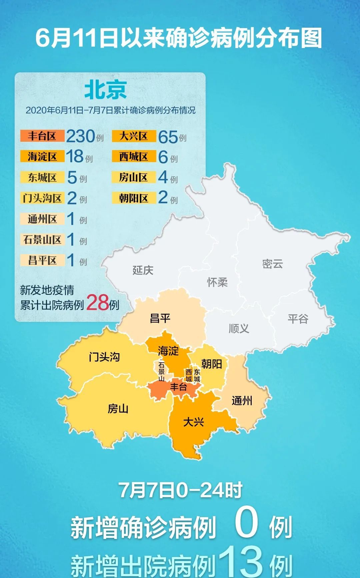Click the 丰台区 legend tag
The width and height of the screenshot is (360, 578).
[x=42, y=136]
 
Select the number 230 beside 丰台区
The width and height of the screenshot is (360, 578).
[x=80, y=136]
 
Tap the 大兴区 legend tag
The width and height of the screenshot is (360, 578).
[x=134, y=136]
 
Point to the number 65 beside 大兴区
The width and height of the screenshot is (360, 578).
[x=168, y=137]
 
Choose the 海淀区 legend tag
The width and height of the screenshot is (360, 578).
[x=42, y=156]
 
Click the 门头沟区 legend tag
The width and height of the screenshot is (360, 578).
[x=42, y=198]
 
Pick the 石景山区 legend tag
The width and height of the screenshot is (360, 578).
[x=42, y=239]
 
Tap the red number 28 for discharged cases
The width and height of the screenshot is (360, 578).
[x=97, y=303]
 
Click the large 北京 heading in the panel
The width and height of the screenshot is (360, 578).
[x=105, y=90]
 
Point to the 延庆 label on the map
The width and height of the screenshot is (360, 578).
[x=143, y=270]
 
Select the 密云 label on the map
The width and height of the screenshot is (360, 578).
[x=272, y=264]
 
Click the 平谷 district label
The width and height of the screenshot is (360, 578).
[x=298, y=319]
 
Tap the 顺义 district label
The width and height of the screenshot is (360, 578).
[x=239, y=329]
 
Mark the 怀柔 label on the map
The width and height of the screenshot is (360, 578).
[x=217, y=282]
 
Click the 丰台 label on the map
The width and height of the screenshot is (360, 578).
[x=178, y=387]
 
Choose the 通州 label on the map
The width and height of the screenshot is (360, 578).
[x=242, y=401]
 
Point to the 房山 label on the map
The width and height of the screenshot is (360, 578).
[x=118, y=409]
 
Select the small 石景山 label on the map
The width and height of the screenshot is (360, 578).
[x=161, y=372]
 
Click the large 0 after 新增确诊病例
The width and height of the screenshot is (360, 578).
[x=246, y=523]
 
